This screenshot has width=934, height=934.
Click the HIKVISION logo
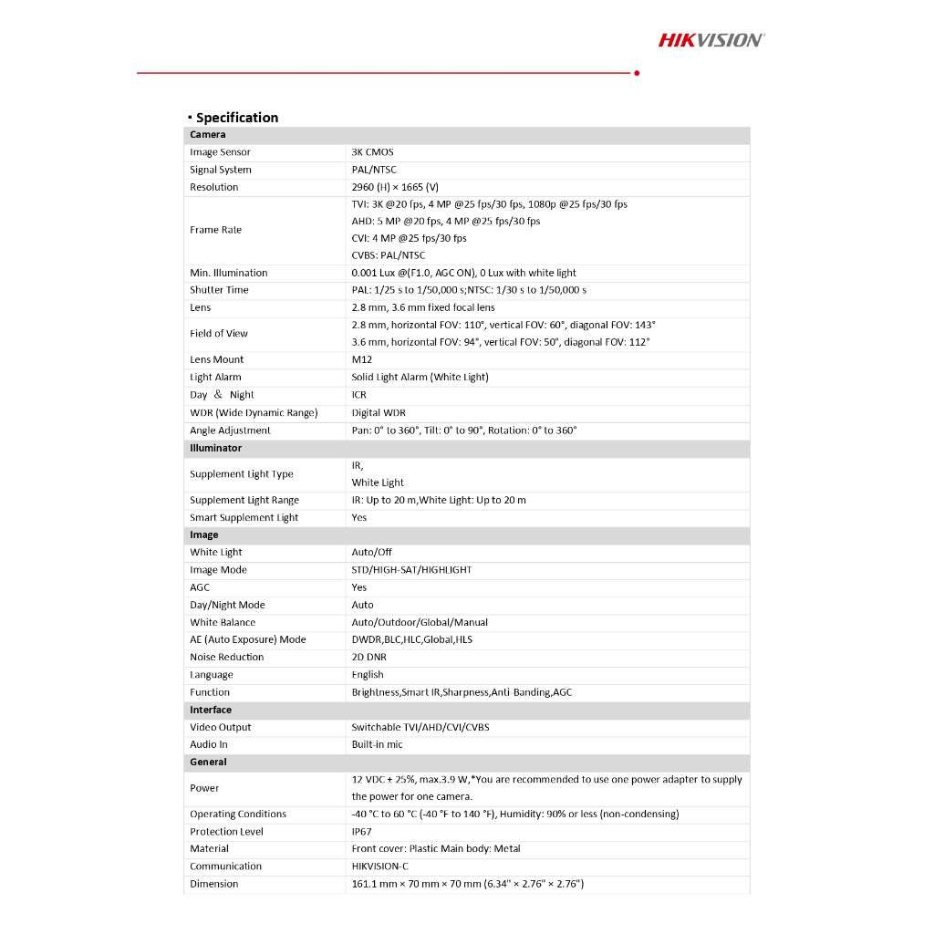coord(711,39)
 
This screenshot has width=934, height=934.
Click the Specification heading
coord(236,118)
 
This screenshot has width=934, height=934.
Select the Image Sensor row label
coord(220,152)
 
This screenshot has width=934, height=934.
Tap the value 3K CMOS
coord(372,152)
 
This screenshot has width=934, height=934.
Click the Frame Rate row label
coord(215,230)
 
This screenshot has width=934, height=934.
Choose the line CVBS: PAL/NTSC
coord(388,255)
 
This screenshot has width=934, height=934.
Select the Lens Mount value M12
coord(362,359)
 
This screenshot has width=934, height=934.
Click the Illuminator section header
coord(215,448)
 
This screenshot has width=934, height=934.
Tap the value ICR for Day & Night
coord(358,395)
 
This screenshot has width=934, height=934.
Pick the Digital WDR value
coord(379,412)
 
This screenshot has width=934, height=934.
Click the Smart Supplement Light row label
coord(244,517)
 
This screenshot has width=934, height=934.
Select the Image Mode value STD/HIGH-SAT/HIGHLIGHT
coord(411,570)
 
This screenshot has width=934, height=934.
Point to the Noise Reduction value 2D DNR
coord(368,657)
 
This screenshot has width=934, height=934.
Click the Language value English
coord(368,675)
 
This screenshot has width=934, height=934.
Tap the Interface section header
coord(211,710)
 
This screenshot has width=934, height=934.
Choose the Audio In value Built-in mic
coord(377,744)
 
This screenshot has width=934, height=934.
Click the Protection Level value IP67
coord(361,832)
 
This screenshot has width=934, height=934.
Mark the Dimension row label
coord(213,884)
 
